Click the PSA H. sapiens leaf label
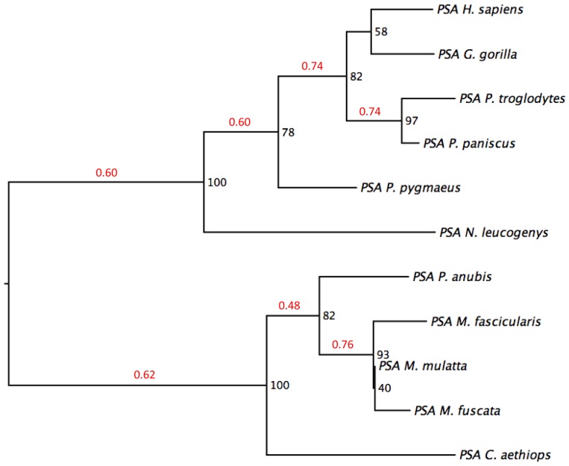pos(480,10)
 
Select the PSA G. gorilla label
pos(477,54)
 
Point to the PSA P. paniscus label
pos(469,143)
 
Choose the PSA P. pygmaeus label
pos(410,188)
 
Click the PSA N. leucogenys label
pos(494,233)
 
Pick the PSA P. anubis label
pos(452,277)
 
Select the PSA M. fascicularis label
pos(486,321)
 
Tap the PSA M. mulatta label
pos(423,366)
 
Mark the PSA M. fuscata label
pos(457,411)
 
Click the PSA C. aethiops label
pos(505,455)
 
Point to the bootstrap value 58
pos(381,32)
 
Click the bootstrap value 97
pos(412,121)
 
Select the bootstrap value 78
pos(288,133)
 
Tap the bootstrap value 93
pos(383,354)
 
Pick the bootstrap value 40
pos(385,388)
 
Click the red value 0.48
pos(289,306)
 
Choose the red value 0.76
pos(342,344)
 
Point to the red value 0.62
pos(145,374)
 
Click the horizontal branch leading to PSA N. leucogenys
pos(319,232)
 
